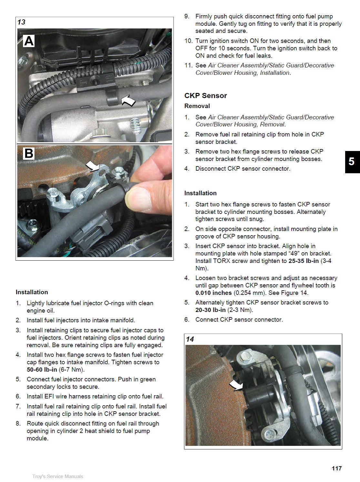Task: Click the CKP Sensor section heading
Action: click(205, 95)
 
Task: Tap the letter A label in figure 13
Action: click(29, 41)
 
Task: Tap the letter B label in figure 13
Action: click(29, 153)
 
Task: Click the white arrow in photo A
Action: click(128, 101)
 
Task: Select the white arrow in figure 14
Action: click(237, 385)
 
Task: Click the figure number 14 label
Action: click(190, 339)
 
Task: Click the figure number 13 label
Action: click(21, 22)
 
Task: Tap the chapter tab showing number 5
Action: click(352, 162)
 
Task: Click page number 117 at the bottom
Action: click(336, 468)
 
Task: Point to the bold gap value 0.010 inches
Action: click(213, 293)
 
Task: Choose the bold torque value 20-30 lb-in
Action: click(210, 310)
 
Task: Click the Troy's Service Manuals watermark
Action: click(58, 477)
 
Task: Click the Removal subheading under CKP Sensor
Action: click(197, 106)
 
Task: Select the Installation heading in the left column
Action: click(32, 292)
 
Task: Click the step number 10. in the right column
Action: click(188, 41)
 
